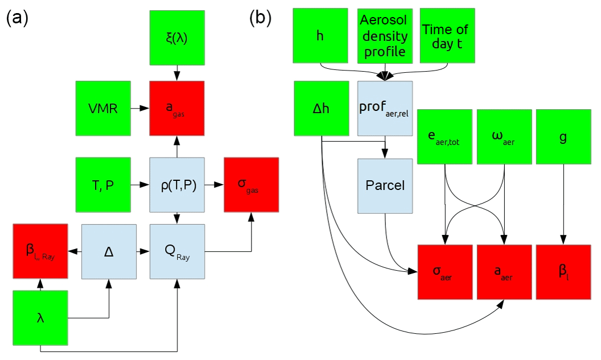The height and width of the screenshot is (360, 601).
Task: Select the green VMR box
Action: click(103, 108)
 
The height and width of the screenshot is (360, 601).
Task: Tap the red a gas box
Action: click(177, 108)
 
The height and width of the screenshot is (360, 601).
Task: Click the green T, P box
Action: click(103, 185)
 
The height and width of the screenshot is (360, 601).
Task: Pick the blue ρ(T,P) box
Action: click(177, 185)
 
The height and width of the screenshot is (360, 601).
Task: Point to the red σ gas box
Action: click(252, 185)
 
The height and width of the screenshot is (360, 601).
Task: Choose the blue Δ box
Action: click(109, 251)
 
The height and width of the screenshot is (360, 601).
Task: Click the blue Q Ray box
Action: click(177, 251)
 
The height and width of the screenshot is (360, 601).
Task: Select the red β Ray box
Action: click(40, 251)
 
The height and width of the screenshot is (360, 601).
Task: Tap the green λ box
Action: click(40, 317)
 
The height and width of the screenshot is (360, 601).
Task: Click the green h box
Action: click(320, 35)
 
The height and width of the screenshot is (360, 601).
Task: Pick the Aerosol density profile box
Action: click(384, 35)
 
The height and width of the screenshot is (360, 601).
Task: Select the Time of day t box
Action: click(447, 35)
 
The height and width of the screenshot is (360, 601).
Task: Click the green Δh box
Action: click(322, 108)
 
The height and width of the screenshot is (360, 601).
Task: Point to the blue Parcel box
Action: click(385, 186)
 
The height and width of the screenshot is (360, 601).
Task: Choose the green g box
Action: click(564, 136)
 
